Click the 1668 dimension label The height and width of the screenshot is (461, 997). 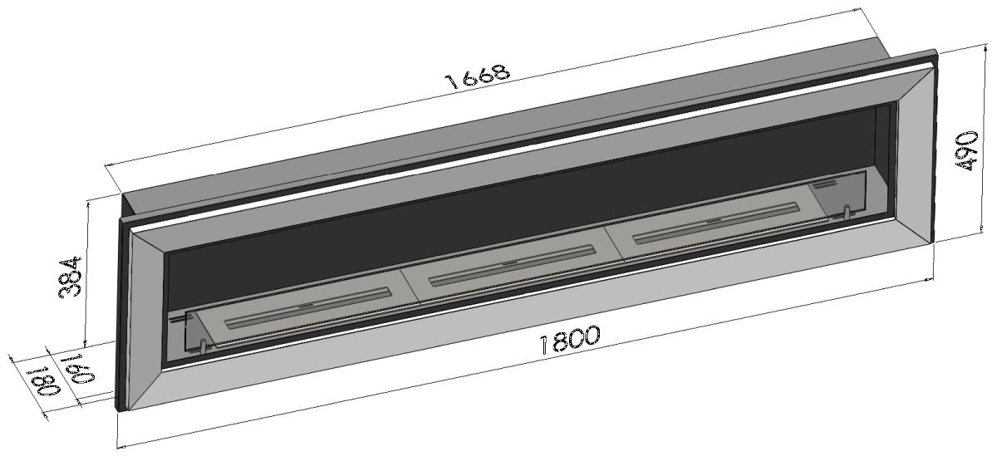pos(477,76)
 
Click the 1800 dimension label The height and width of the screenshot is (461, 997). pos(570,339)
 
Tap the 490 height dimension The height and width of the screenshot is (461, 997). pos(966,151)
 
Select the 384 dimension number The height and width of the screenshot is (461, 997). pos(70,277)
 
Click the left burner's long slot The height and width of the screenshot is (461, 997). pos(308,308)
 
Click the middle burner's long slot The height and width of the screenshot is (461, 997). pos(512,266)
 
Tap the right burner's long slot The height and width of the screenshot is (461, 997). pos(716,223)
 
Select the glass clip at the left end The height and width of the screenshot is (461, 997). pos(203,346)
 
